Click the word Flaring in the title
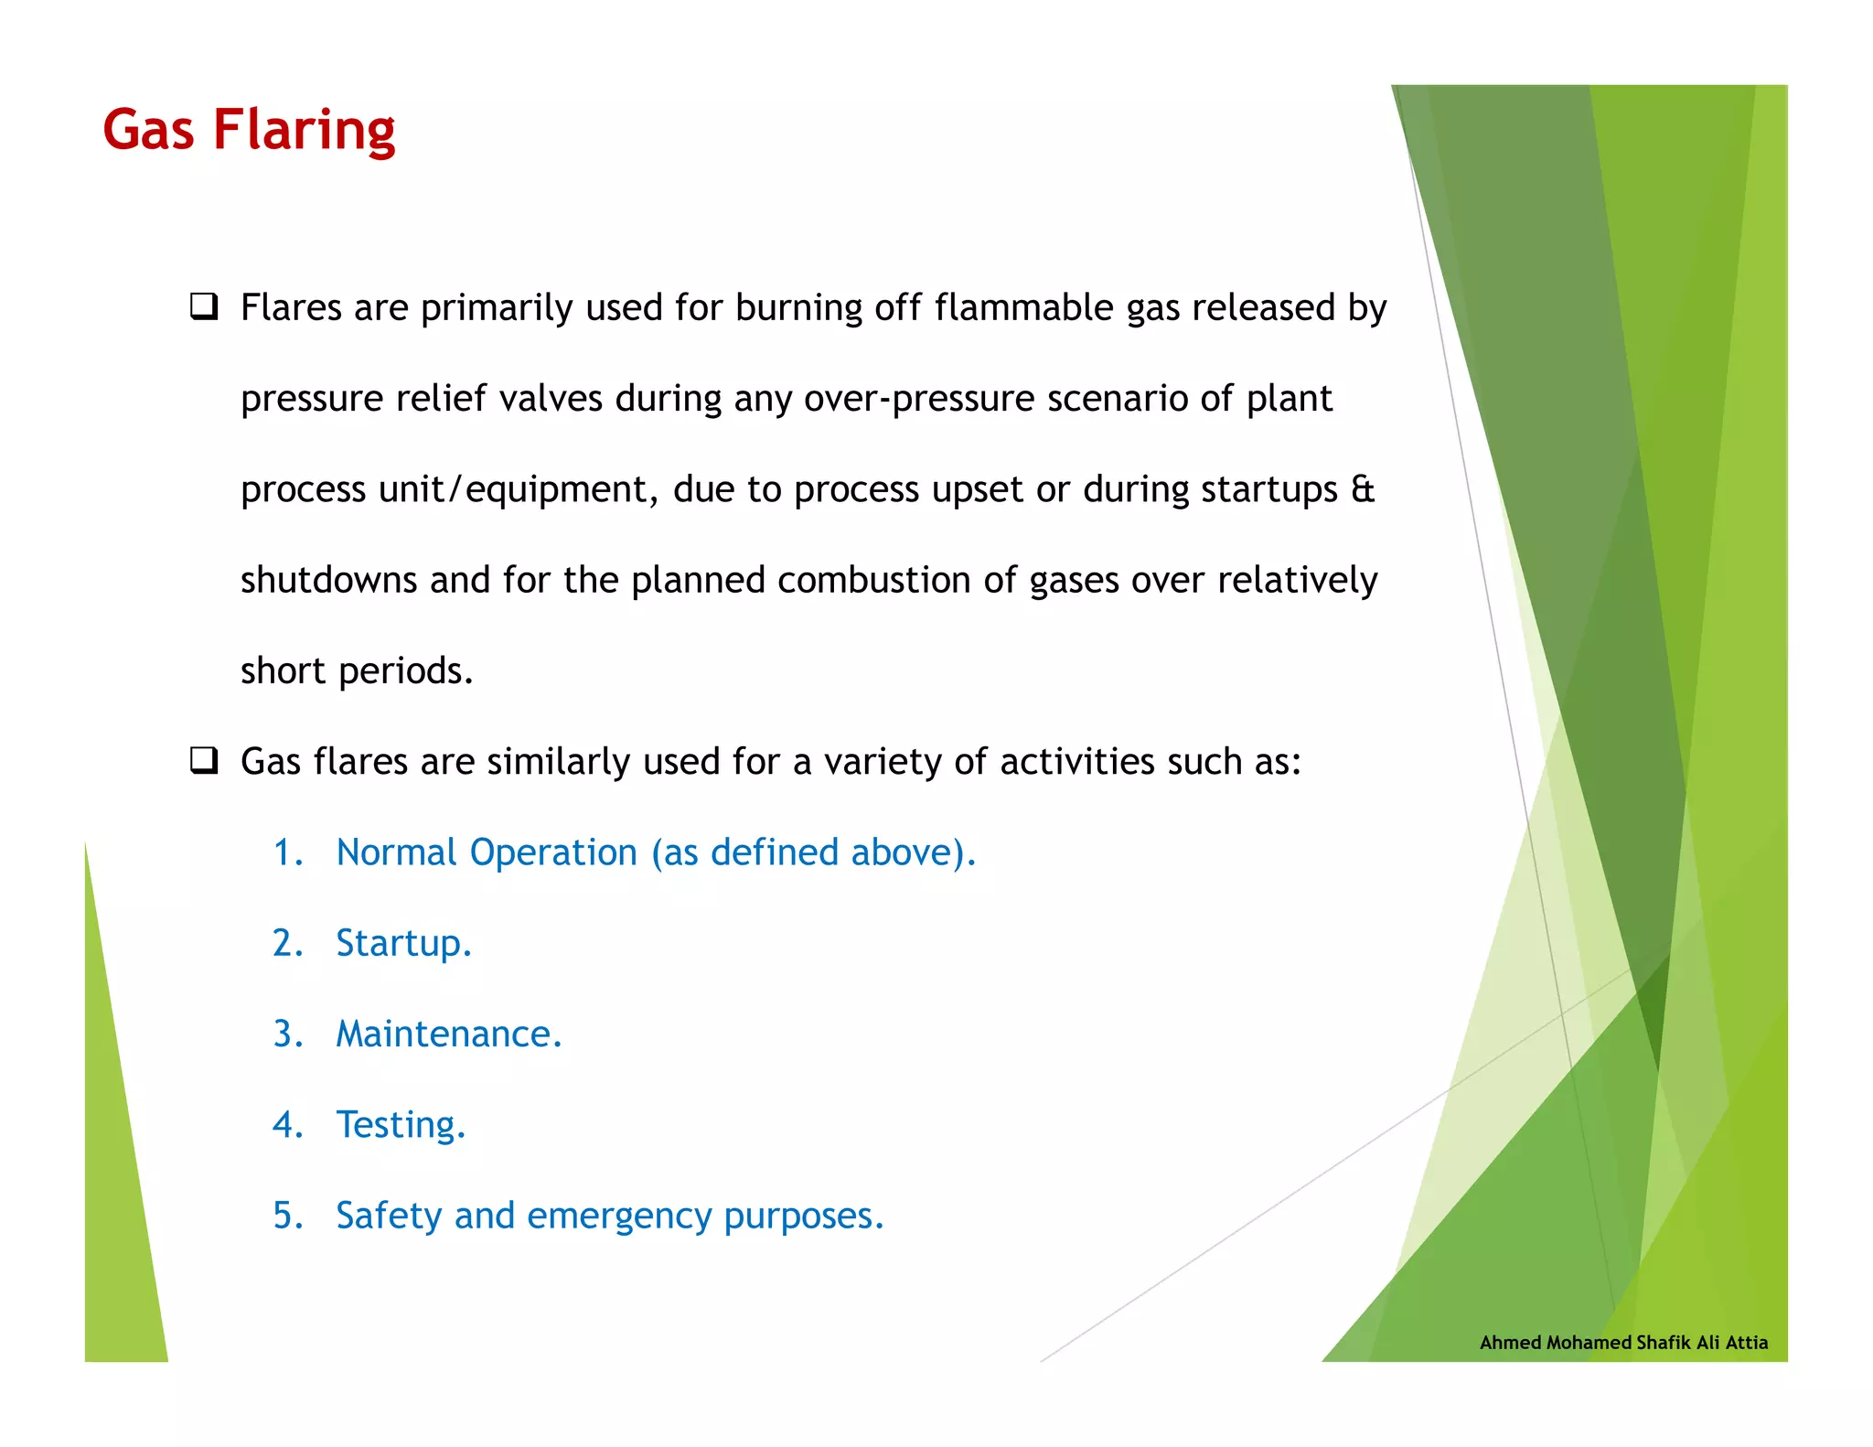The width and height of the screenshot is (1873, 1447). (x=304, y=130)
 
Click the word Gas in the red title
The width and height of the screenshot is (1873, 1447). (x=148, y=130)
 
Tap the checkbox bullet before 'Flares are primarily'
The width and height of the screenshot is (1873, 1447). (x=203, y=306)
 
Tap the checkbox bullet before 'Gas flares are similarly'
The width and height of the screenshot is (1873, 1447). (x=203, y=760)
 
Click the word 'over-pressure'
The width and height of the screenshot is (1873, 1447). (x=919, y=399)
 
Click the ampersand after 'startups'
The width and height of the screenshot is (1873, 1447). (x=1363, y=488)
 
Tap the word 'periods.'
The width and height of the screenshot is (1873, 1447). (x=406, y=671)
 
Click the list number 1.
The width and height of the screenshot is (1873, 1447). (x=286, y=852)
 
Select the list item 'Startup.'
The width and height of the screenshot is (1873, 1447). (x=403, y=943)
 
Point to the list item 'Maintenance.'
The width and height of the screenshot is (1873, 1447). (x=448, y=1034)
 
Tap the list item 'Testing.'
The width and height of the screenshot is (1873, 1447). (x=401, y=1125)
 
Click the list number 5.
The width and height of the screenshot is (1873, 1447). (x=286, y=1216)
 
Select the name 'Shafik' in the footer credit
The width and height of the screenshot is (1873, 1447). (x=1664, y=1343)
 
